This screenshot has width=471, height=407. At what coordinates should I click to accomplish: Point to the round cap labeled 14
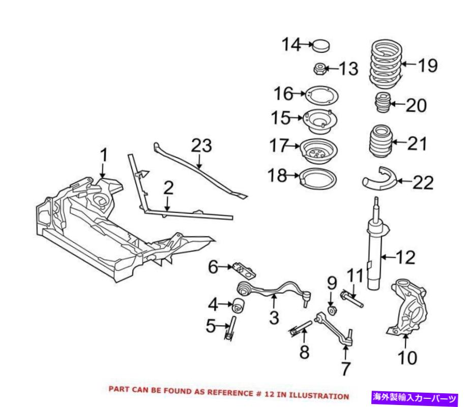coord(319,45)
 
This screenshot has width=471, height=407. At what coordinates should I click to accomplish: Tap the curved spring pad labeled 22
coord(377,179)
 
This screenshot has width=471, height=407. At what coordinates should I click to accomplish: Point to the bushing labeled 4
coord(239,307)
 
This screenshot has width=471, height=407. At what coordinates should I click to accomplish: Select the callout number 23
coord(201,146)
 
